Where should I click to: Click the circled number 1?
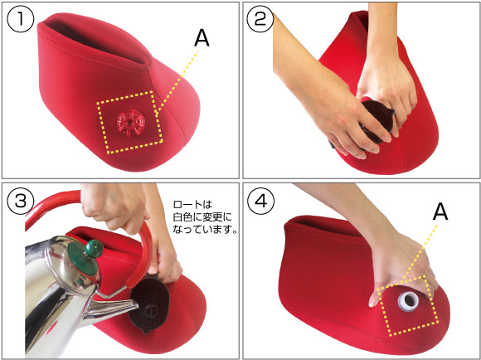pyautogui.click(x=20, y=19)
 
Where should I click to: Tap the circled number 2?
pyautogui.click(x=260, y=19)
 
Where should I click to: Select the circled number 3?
pyautogui.click(x=20, y=202)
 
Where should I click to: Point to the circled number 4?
pyautogui.click(x=260, y=202)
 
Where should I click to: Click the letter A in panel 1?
pyautogui.click(x=202, y=39)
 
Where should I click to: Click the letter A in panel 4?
pyautogui.click(x=440, y=212)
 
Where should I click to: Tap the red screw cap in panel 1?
pyautogui.click(x=130, y=123)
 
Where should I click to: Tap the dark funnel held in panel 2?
pyautogui.click(x=374, y=123)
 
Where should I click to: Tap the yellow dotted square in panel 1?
pyautogui.click(x=129, y=122)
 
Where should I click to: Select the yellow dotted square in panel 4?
pyautogui.click(x=407, y=306)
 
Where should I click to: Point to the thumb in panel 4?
pyautogui.click(x=376, y=296)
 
